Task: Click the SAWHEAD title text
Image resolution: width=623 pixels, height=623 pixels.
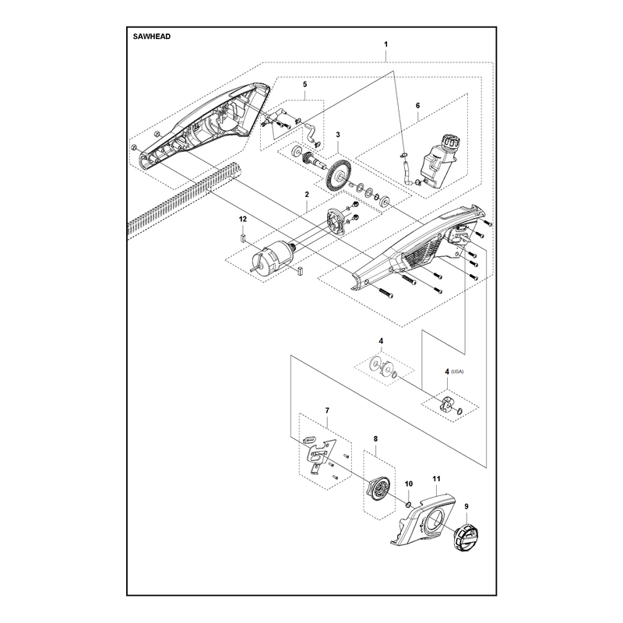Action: tap(151, 37)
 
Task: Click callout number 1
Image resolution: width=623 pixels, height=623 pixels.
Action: tap(385, 44)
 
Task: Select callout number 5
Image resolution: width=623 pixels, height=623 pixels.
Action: tap(304, 84)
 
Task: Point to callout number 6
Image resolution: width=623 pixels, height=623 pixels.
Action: tap(417, 106)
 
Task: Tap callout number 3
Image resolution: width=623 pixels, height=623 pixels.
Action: tap(338, 135)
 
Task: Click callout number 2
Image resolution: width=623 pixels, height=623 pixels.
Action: tap(307, 195)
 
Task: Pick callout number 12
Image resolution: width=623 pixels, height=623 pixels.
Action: tap(243, 219)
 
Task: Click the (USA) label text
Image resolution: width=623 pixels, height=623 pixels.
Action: tap(457, 372)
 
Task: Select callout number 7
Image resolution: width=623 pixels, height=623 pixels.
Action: tap(327, 410)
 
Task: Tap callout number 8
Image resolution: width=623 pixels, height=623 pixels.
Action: tap(375, 439)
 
